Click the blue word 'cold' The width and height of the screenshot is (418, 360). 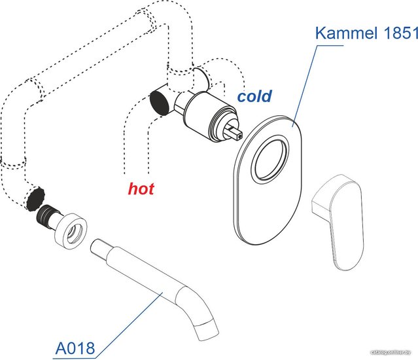tap(254, 97)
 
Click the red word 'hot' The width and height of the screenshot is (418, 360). tap(141, 189)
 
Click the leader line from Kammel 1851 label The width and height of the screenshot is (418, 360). tap(307, 79)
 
